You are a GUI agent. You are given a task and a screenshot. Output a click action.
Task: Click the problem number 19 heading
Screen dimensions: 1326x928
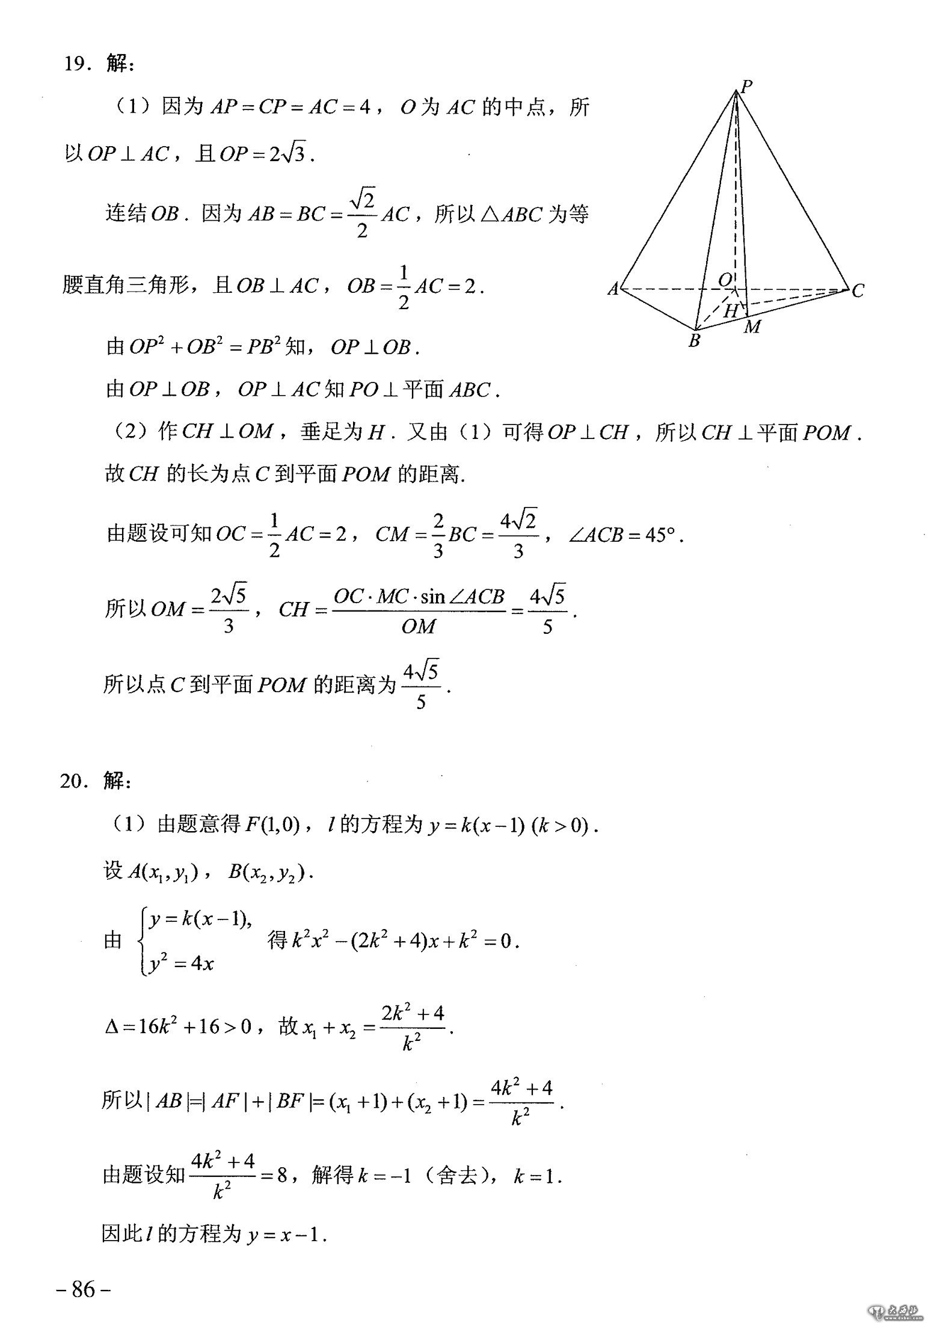pyautogui.click(x=77, y=64)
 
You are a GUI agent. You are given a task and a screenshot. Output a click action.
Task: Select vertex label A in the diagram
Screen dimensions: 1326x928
pyautogui.click(x=613, y=290)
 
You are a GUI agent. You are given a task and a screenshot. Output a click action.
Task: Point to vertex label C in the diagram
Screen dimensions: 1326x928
pyautogui.click(x=858, y=291)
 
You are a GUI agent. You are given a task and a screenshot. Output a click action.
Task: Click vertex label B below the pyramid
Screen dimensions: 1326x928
pyautogui.click(x=694, y=341)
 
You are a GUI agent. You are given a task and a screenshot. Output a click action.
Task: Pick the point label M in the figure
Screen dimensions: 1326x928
pyautogui.click(x=752, y=327)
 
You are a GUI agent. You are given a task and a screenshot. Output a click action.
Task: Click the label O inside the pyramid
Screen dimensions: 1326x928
pyautogui.click(x=726, y=280)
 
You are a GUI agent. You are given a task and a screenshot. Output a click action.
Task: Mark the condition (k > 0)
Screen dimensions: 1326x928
pyautogui.click(x=564, y=825)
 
